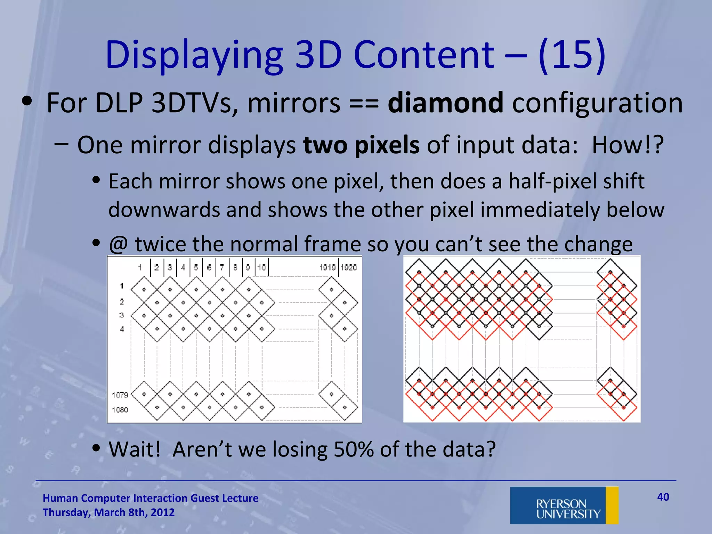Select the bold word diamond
click(x=445, y=103)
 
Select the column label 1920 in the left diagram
click(x=349, y=267)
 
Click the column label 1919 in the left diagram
click(x=327, y=267)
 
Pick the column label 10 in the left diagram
click(x=261, y=267)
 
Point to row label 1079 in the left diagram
click(x=120, y=395)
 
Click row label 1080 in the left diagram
click(x=120, y=410)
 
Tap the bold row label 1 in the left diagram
click(x=122, y=286)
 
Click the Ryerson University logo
click(x=564, y=505)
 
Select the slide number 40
click(x=663, y=497)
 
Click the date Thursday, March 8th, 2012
click(x=108, y=512)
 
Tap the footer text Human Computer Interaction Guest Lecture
click(x=151, y=498)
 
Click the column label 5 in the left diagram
click(x=196, y=267)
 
